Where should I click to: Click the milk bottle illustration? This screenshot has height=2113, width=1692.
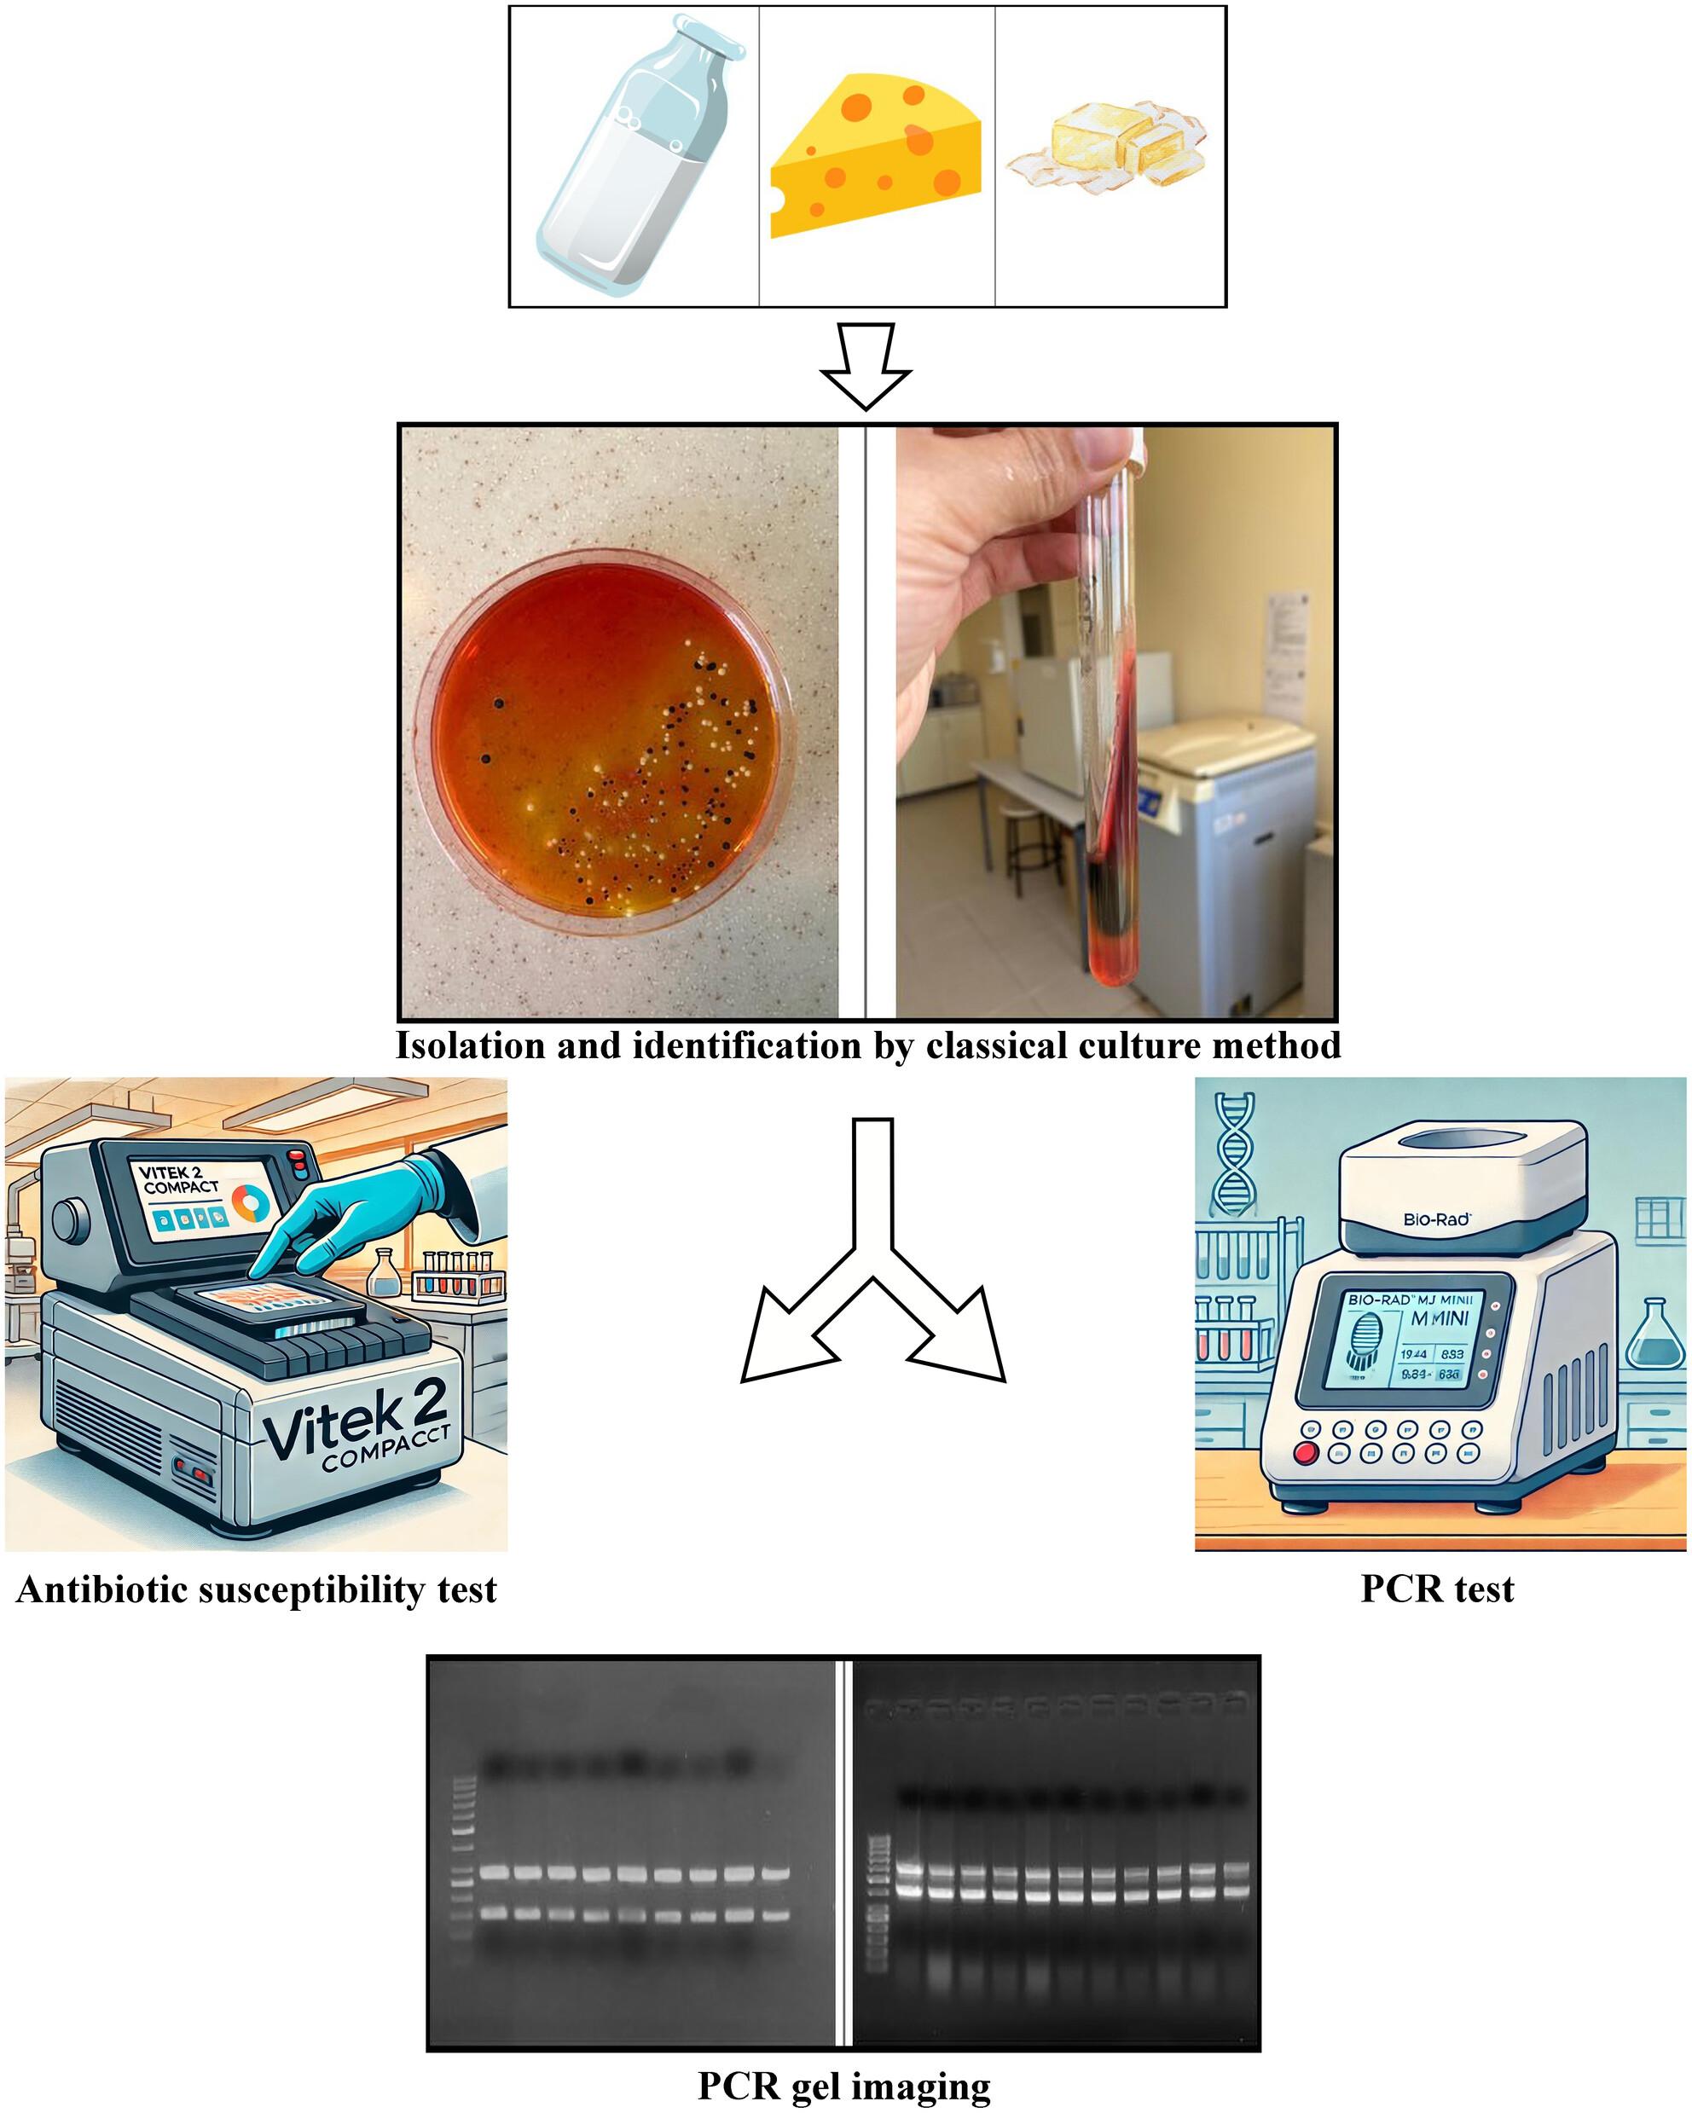click(x=632, y=157)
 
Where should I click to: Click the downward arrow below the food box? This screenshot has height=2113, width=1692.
click(x=866, y=367)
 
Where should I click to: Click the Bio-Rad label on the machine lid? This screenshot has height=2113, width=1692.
click(x=1436, y=1219)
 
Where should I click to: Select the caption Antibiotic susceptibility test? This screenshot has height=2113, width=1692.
click(x=257, y=1589)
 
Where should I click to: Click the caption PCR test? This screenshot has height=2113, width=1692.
click(x=1437, y=1589)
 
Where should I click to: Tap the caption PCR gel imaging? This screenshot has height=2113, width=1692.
click(x=844, y=2086)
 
